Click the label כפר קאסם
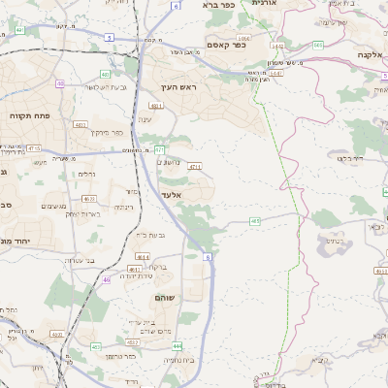pos(229,44)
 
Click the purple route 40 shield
pos(61,84)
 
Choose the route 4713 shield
pos(36,148)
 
